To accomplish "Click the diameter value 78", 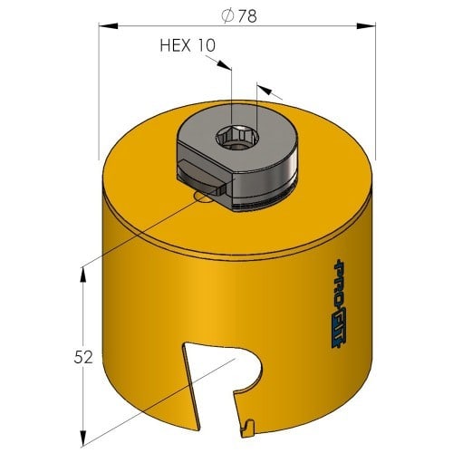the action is (x=247, y=16).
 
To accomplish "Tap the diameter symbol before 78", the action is (x=227, y=16).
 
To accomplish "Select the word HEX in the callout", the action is (x=175, y=45).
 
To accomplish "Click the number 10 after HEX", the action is (x=207, y=45).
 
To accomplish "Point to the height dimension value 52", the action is (x=83, y=358).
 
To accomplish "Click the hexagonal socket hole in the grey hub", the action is (x=237, y=138).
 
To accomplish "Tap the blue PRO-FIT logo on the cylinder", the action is (x=340, y=304).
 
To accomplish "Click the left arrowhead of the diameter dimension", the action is (x=108, y=26).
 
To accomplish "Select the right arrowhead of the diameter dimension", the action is (x=366, y=26).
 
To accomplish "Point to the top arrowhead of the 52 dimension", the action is (x=83, y=275).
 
